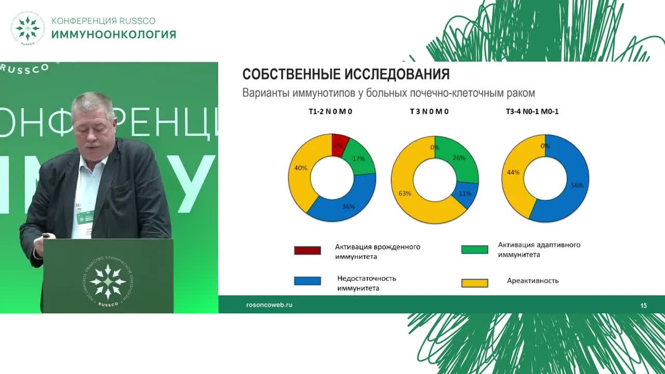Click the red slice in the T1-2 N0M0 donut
point(339,144)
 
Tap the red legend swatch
point(308,250)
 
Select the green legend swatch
point(474,249)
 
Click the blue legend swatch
point(308,281)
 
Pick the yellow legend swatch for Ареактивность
point(474,283)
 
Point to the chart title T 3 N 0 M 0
point(429,112)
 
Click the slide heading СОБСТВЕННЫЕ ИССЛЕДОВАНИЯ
point(346,74)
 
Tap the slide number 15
point(644,306)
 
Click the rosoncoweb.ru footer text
point(269,305)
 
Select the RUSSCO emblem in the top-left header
point(27,28)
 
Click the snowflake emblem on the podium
point(108,281)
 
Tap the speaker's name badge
point(84,217)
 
